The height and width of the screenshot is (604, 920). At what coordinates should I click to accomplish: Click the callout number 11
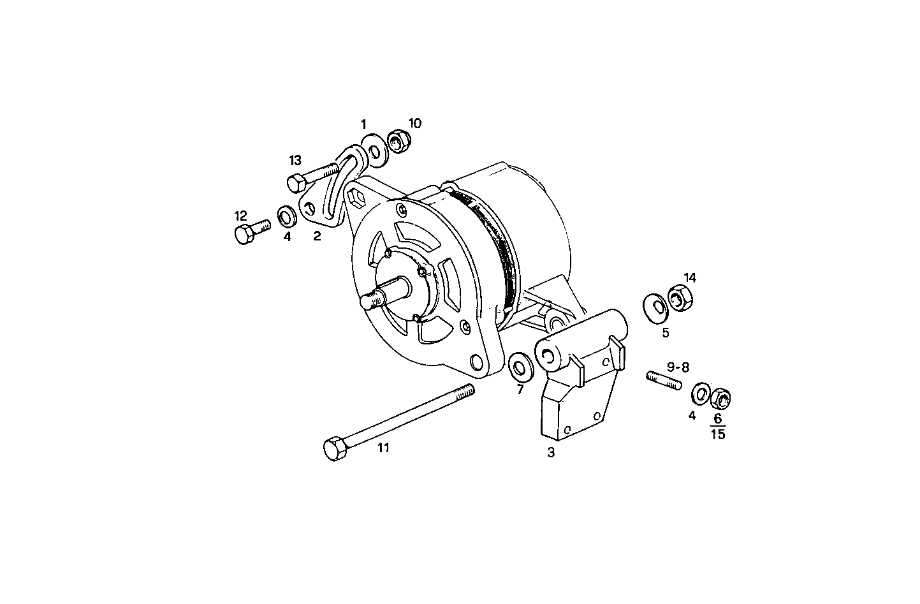tap(383, 448)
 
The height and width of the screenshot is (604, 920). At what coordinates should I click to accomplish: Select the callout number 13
tap(295, 160)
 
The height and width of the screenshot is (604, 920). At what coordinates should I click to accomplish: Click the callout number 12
tap(241, 216)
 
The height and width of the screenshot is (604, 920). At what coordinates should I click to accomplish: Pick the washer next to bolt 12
tap(287, 216)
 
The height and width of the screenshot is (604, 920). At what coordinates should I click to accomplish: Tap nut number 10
tap(399, 142)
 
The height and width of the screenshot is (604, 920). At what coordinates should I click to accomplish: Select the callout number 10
tap(415, 123)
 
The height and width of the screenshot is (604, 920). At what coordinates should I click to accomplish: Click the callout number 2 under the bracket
tap(317, 237)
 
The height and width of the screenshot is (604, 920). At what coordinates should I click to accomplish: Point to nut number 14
tap(678, 298)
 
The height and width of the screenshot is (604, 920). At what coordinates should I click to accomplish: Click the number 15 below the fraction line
tap(718, 434)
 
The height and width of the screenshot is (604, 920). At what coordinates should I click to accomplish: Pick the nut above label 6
tap(722, 399)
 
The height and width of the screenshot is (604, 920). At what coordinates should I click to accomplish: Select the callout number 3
tap(551, 453)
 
